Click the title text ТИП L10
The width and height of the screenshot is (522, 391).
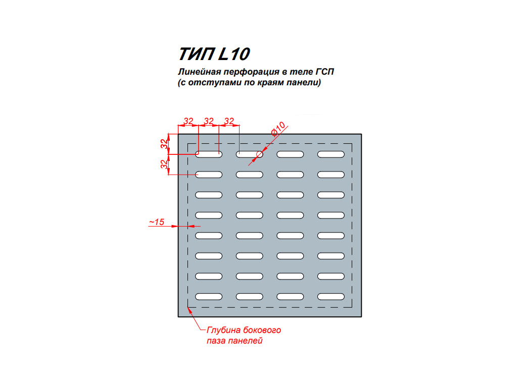[x=214, y=54]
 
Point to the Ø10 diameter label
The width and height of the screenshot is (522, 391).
[x=278, y=129]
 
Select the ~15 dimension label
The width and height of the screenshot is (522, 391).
[x=157, y=222]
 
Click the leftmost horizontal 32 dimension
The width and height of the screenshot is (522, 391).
[x=188, y=121]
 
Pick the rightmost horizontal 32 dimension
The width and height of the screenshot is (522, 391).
[x=229, y=121]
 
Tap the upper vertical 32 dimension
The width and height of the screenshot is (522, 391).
[x=164, y=144]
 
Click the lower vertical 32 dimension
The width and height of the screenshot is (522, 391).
[x=164, y=164]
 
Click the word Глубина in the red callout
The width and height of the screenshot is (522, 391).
[x=224, y=330]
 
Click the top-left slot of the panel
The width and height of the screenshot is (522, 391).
[x=209, y=154]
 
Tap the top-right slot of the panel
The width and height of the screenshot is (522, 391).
[x=331, y=154]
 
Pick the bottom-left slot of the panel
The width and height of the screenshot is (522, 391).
[x=209, y=297]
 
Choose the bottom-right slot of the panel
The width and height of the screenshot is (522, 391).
[x=331, y=297]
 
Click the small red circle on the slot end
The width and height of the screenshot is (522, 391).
[x=259, y=154]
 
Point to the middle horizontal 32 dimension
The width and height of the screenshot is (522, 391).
[x=209, y=121]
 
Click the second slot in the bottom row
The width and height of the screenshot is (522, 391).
[x=249, y=297]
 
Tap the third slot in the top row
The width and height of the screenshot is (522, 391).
[x=290, y=154]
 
